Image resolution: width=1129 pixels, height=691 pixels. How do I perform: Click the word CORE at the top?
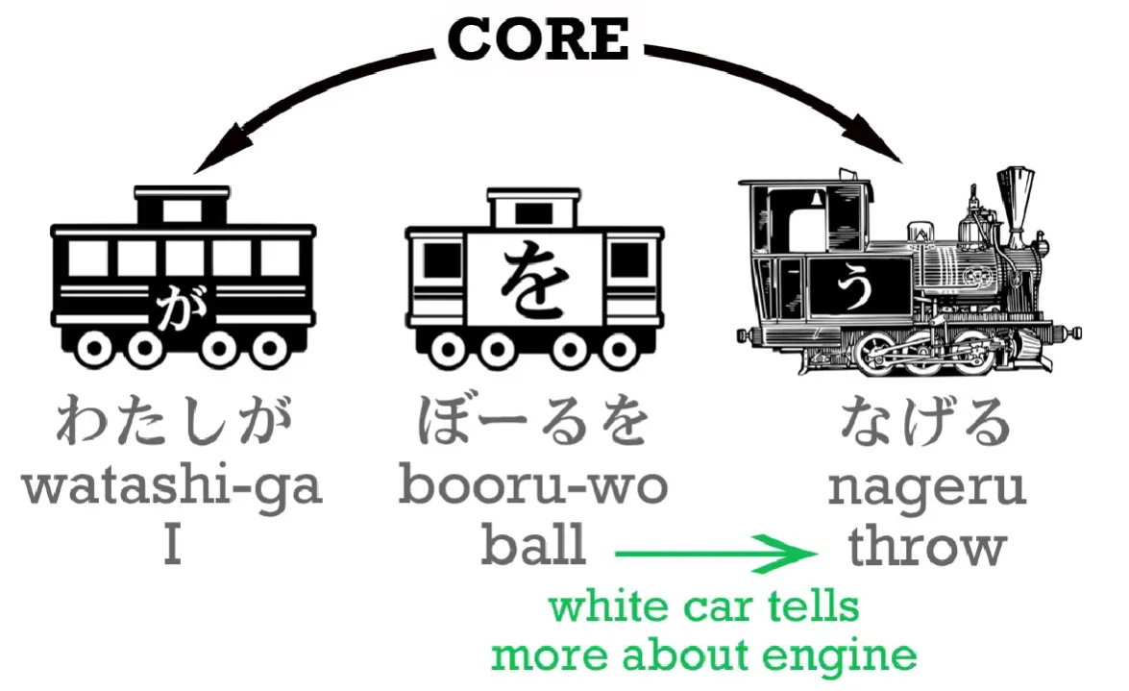tap(538, 39)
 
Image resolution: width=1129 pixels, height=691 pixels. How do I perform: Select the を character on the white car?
tap(533, 279)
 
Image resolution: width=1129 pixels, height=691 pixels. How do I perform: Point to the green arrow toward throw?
tap(715, 554)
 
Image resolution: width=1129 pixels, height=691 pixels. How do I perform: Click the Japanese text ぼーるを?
tap(533, 424)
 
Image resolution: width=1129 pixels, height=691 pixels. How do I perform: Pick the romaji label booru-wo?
tap(533, 487)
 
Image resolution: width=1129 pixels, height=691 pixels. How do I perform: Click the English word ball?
tap(533, 547)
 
